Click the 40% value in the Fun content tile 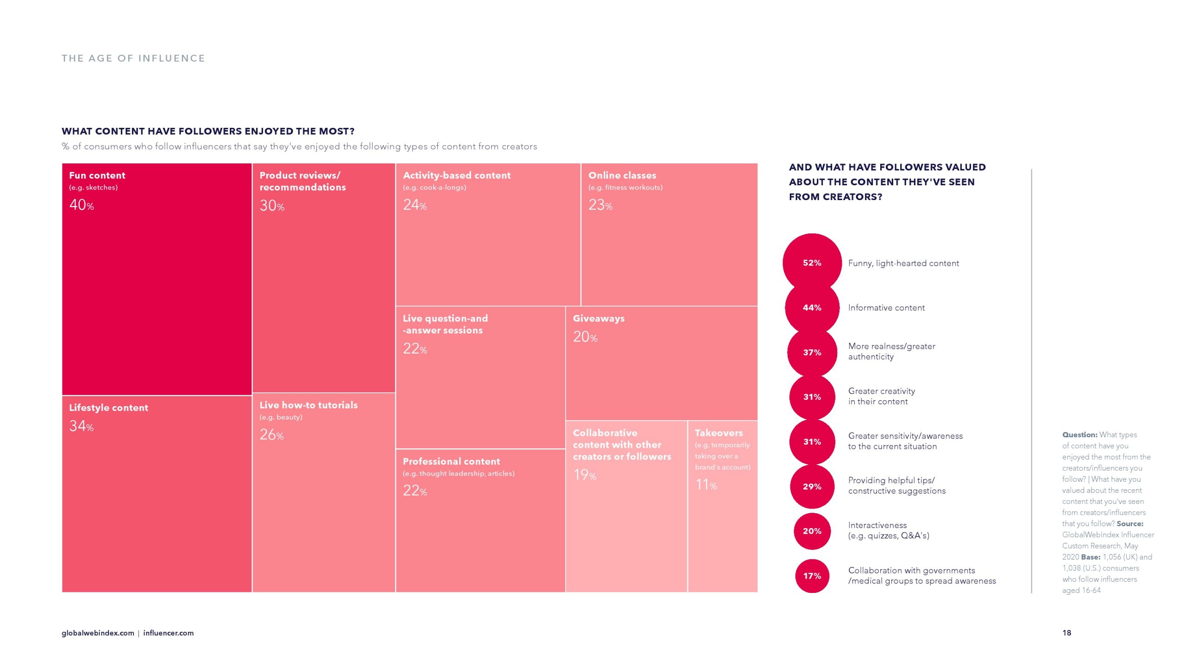82,205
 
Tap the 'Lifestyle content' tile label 108,408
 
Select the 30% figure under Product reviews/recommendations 272,206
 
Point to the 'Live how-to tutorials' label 309,405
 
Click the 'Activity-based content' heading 456,175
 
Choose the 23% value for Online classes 600,205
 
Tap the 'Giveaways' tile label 599,318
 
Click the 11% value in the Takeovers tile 706,485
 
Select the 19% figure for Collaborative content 585,475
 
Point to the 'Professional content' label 451,461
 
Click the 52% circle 812,263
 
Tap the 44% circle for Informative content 812,308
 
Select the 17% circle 812,576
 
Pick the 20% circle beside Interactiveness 812,531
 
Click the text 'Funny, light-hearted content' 903,263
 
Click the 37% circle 812,352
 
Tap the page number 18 1066,633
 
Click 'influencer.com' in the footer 168,633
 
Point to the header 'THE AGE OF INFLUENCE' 133,58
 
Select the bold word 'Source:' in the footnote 1130,524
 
